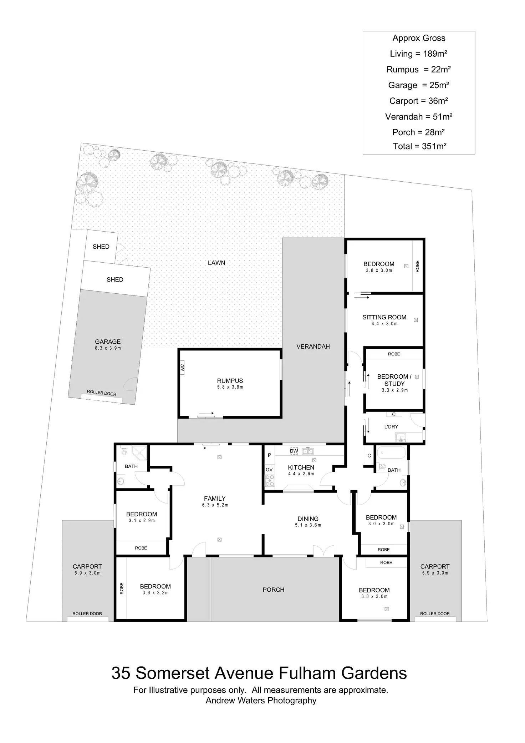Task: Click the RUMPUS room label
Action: click(230, 381)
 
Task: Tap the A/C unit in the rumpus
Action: click(182, 367)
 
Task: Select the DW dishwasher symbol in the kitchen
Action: click(294, 451)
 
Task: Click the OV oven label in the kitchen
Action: click(269, 470)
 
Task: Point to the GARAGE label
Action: click(108, 342)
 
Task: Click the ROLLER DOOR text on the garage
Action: click(102, 393)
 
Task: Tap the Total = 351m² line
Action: click(419, 146)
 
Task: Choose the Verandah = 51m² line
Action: click(419, 117)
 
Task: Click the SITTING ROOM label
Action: click(384, 317)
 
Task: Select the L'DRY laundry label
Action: click(391, 427)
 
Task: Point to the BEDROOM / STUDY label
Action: click(394, 380)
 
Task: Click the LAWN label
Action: click(216, 263)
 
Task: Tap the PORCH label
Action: click(274, 590)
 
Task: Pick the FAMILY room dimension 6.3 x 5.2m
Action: click(215, 505)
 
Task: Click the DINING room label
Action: click(308, 519)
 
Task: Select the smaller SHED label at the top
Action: click(101, 247)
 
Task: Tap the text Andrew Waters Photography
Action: click(261, 701)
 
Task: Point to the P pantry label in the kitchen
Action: click(270, 455)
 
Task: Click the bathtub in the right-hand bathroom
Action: click(391, 453)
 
